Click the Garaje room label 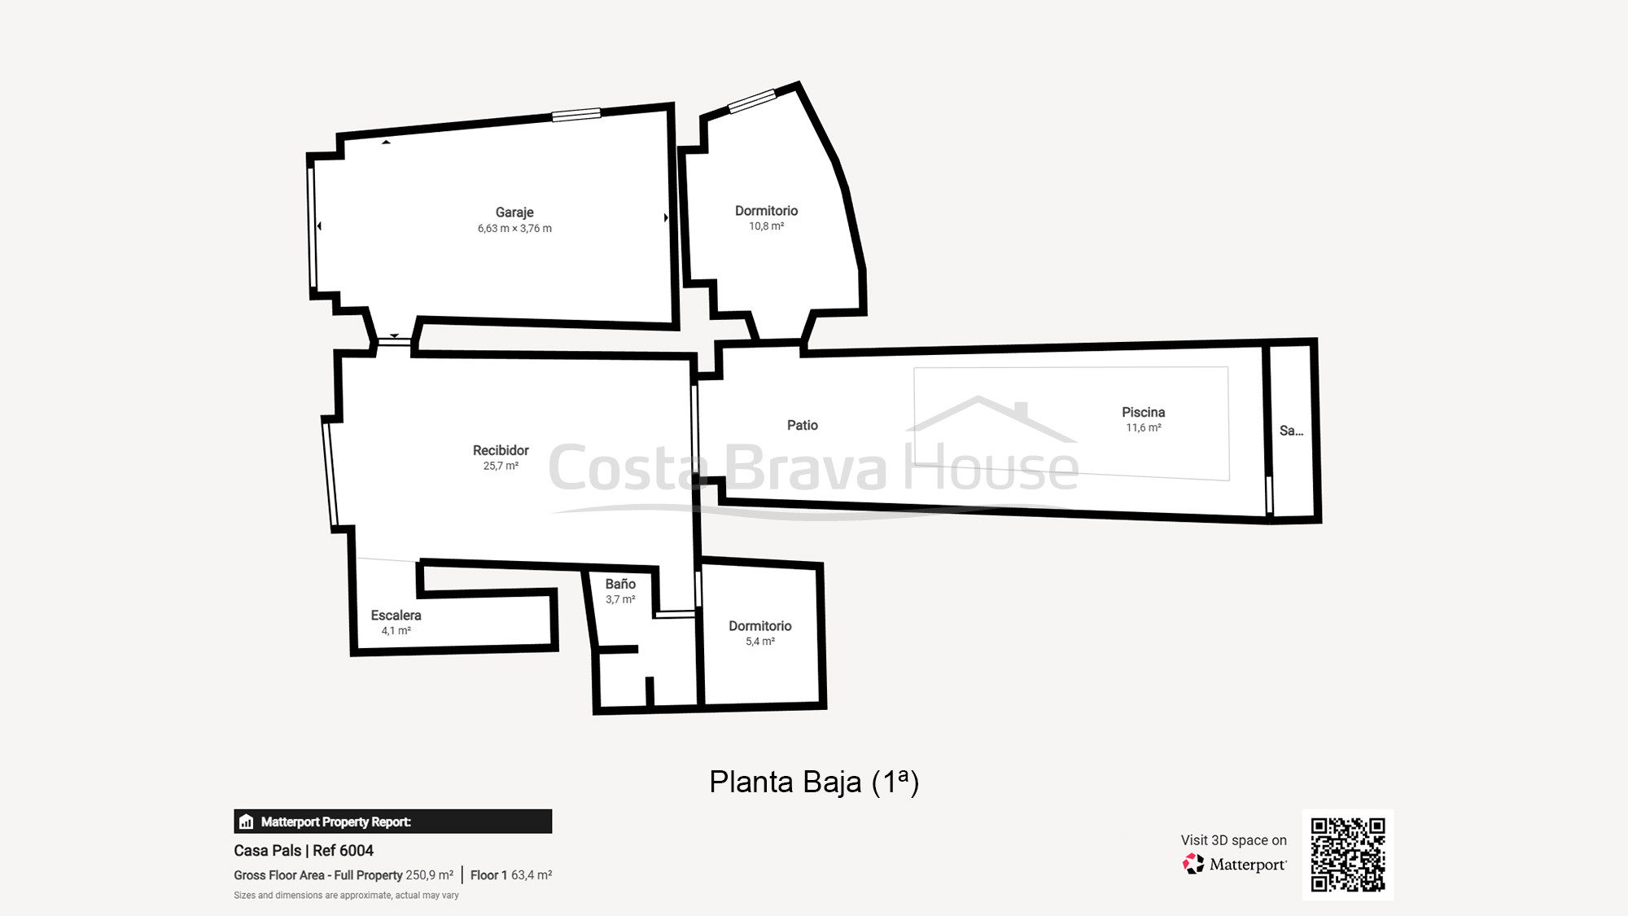coord(514,213)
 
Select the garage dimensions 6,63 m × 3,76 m coord(514,229)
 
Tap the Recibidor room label coord(501,450)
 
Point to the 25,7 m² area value coord(501,467)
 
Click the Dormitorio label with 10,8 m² coord(766,211)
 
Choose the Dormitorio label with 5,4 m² coord(759,626)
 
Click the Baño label coord(620,584)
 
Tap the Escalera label coord(396,616)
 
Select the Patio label coord(802,425)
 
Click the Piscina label coord(1143,413)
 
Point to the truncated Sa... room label coord(1291,431)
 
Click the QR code coord(1347,854)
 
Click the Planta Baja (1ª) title coord(813,782)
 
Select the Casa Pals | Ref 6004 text coord(304,850)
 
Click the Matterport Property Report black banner coord(392,822)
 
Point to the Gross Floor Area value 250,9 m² coord(429,875)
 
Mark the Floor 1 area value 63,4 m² coord(532,875)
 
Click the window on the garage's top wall coord(576,115)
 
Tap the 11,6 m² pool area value coord(1143,428)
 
